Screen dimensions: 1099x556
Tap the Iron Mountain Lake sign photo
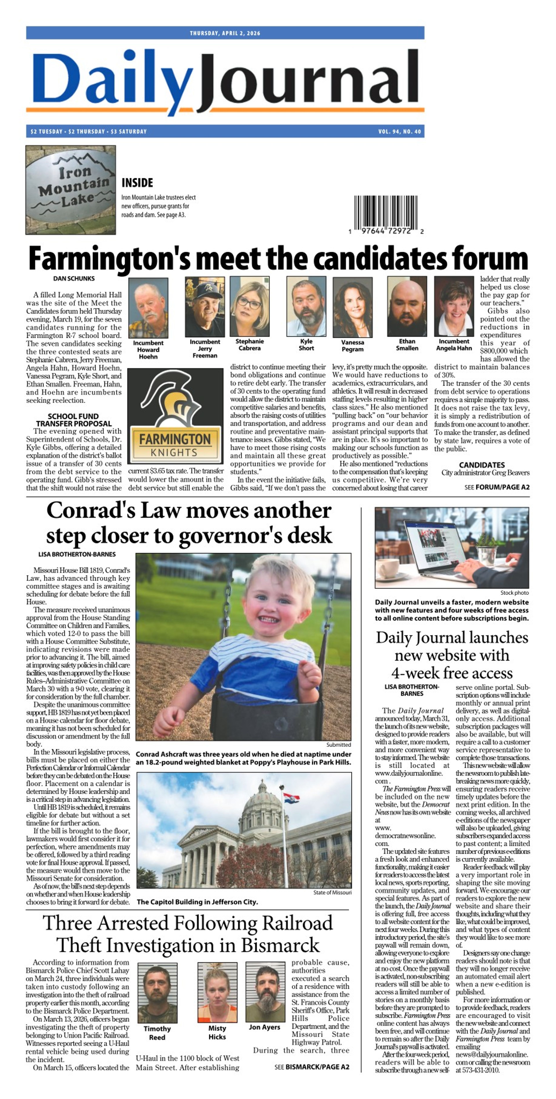(70, 190)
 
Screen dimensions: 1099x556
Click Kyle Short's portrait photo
(306, 306)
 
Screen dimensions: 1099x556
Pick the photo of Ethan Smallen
(407, 306)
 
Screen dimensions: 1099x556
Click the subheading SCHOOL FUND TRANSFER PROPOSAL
(73, 420)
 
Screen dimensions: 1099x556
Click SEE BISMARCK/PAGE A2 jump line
(311, 1067)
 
